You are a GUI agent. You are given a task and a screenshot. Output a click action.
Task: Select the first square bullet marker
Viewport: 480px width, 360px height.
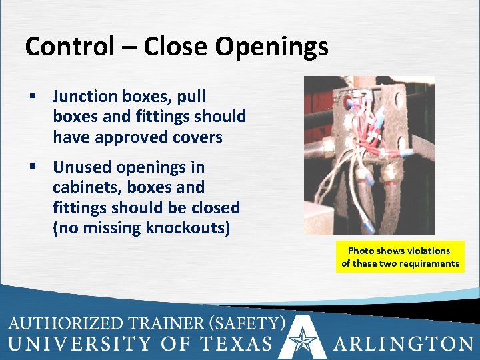[x=31, y=97]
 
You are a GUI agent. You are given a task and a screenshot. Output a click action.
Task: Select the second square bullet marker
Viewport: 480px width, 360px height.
[x=31, y=167]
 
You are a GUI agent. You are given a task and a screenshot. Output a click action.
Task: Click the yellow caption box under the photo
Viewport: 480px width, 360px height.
[x=400, y=257]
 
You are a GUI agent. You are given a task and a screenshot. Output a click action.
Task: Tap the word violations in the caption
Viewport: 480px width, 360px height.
[x=427, y=251]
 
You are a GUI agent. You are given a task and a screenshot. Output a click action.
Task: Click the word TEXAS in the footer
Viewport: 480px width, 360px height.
[x=239, y=344]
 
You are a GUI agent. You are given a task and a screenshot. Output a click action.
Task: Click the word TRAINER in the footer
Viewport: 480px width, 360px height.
[x=161, y=324]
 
